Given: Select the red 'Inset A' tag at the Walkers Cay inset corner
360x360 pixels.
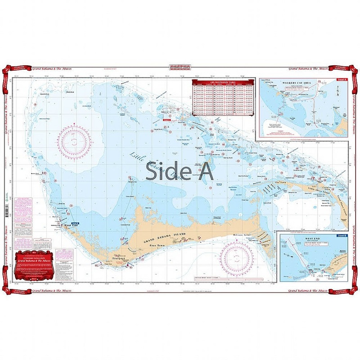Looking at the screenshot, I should pyautogui.click(x=341, y=80).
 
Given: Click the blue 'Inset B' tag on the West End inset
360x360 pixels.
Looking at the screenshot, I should pyautogui.click(x=341, y=235).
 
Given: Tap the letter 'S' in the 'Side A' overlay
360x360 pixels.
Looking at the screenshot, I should pyautogui.click(x=152, y=171).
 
